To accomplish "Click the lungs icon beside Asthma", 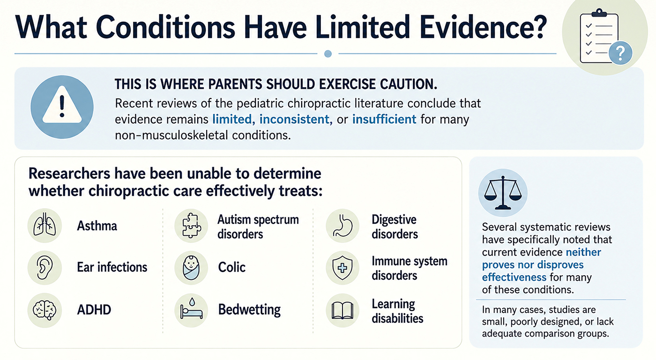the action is point(45,225).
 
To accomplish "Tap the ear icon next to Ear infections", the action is point(45,268).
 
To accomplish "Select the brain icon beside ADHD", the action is point(45,310).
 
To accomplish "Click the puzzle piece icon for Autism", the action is point(192,225).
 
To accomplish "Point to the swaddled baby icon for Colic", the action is point(192,268).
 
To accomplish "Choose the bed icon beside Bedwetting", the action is point(192,310).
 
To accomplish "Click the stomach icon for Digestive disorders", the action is point(343,225).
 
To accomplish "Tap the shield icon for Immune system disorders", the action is point(343,268).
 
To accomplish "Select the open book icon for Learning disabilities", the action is point(343,310).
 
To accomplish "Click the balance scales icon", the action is point(503,193).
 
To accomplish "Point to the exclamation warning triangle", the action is point(62,105).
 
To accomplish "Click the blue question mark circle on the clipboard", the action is point(620,53).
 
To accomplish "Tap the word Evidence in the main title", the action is point(483,28).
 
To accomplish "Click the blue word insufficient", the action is point(384,120).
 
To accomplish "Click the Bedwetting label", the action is point(249,310).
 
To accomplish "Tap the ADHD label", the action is point(94,310).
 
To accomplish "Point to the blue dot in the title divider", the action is point(328,54).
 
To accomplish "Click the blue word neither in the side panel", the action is point(583,252).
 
